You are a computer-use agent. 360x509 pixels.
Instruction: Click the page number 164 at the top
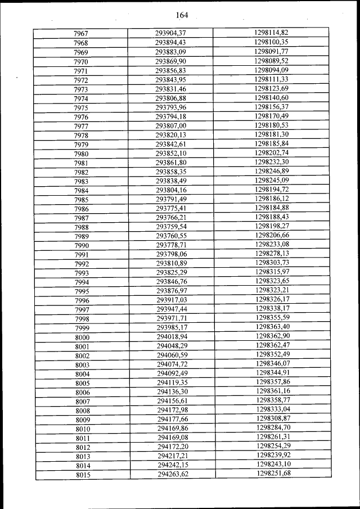tap(181, 15)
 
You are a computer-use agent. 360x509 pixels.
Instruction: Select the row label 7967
tap(80, 34)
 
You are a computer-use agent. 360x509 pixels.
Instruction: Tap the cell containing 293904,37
tap(170, 33)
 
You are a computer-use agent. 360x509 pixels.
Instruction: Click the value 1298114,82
tap(271, 33)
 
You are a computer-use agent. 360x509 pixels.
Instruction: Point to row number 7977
tap(80, 127)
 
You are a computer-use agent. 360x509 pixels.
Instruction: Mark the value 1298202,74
tap(272, 152)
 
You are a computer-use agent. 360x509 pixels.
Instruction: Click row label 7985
tap(81, 200)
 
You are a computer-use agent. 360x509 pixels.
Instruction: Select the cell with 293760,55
tap(171, 236)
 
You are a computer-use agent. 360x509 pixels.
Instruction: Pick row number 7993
tap(82, 273)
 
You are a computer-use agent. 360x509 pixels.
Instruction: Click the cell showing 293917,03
tap(172, 300)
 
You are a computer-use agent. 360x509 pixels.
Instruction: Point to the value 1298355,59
tap(273, 318)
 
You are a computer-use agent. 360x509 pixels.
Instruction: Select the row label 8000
tap(82, 337)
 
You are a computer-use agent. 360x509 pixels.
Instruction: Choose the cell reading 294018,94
tap(172, 336)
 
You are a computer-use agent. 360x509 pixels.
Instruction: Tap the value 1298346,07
tap(273, 364)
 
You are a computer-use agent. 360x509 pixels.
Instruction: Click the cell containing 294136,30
tap(173, 391)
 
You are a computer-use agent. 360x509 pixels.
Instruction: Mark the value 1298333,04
tap(274, 409)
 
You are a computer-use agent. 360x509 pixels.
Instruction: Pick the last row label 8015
tap(83, 476)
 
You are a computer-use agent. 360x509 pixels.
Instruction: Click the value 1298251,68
tap(274, 473)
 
